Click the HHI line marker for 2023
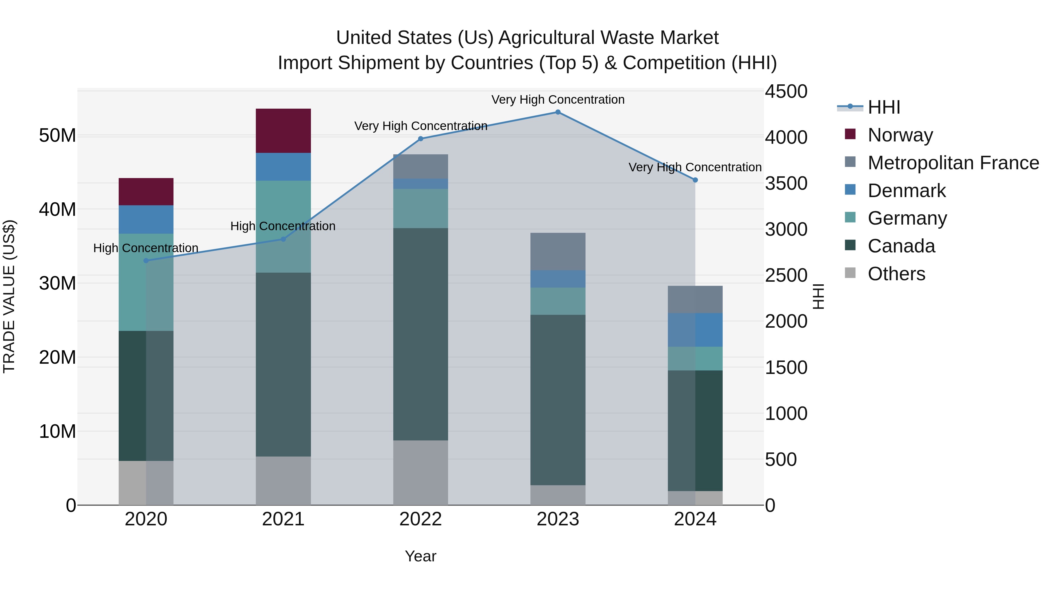[557, 112]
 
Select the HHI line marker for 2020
[146, 261]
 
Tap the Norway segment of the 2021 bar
[283, 131]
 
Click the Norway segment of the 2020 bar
[146, 192]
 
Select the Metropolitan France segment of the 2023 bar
[557, 251]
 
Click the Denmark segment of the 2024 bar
[695, 330]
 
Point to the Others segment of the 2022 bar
[420, 472]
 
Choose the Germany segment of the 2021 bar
[283, 227]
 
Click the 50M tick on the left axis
[57, 136]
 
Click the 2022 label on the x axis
[420, 519]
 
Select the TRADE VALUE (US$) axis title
[9, 296]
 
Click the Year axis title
[420, 556]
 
